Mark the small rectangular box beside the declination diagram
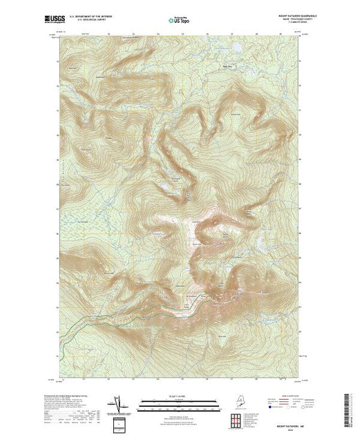point(120,423)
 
